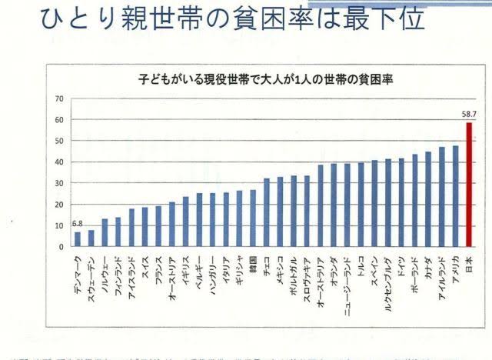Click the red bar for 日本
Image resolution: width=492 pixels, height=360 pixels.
click(x=469, y=184)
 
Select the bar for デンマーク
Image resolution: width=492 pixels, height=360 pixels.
click(x=77, y=239)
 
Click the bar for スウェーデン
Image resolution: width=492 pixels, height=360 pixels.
click(x=91, y=238)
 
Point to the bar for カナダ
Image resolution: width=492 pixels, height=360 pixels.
click(x=428, y=199)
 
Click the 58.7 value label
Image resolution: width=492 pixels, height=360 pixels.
click(x=470, y=114)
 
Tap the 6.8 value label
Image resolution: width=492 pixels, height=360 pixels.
click(x=77, y=224)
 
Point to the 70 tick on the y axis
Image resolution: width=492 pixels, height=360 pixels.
click(x=58, y=99)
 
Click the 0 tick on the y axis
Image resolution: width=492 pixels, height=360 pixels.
click(x=60, y=247)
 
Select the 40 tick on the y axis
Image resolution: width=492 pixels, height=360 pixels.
click(x=58, y=162)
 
